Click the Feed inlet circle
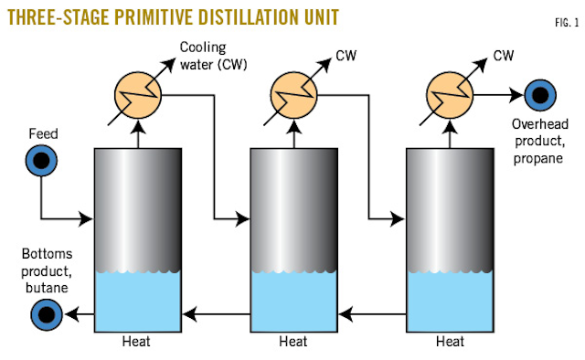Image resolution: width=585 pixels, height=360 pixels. coord(41,161)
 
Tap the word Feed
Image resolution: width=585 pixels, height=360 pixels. coord(42,134)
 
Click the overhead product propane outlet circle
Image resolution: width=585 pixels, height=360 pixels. coord(535,94)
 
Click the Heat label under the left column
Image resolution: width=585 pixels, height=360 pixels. coord(136,343)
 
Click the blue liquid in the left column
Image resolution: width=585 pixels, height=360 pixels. coord(136,302)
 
